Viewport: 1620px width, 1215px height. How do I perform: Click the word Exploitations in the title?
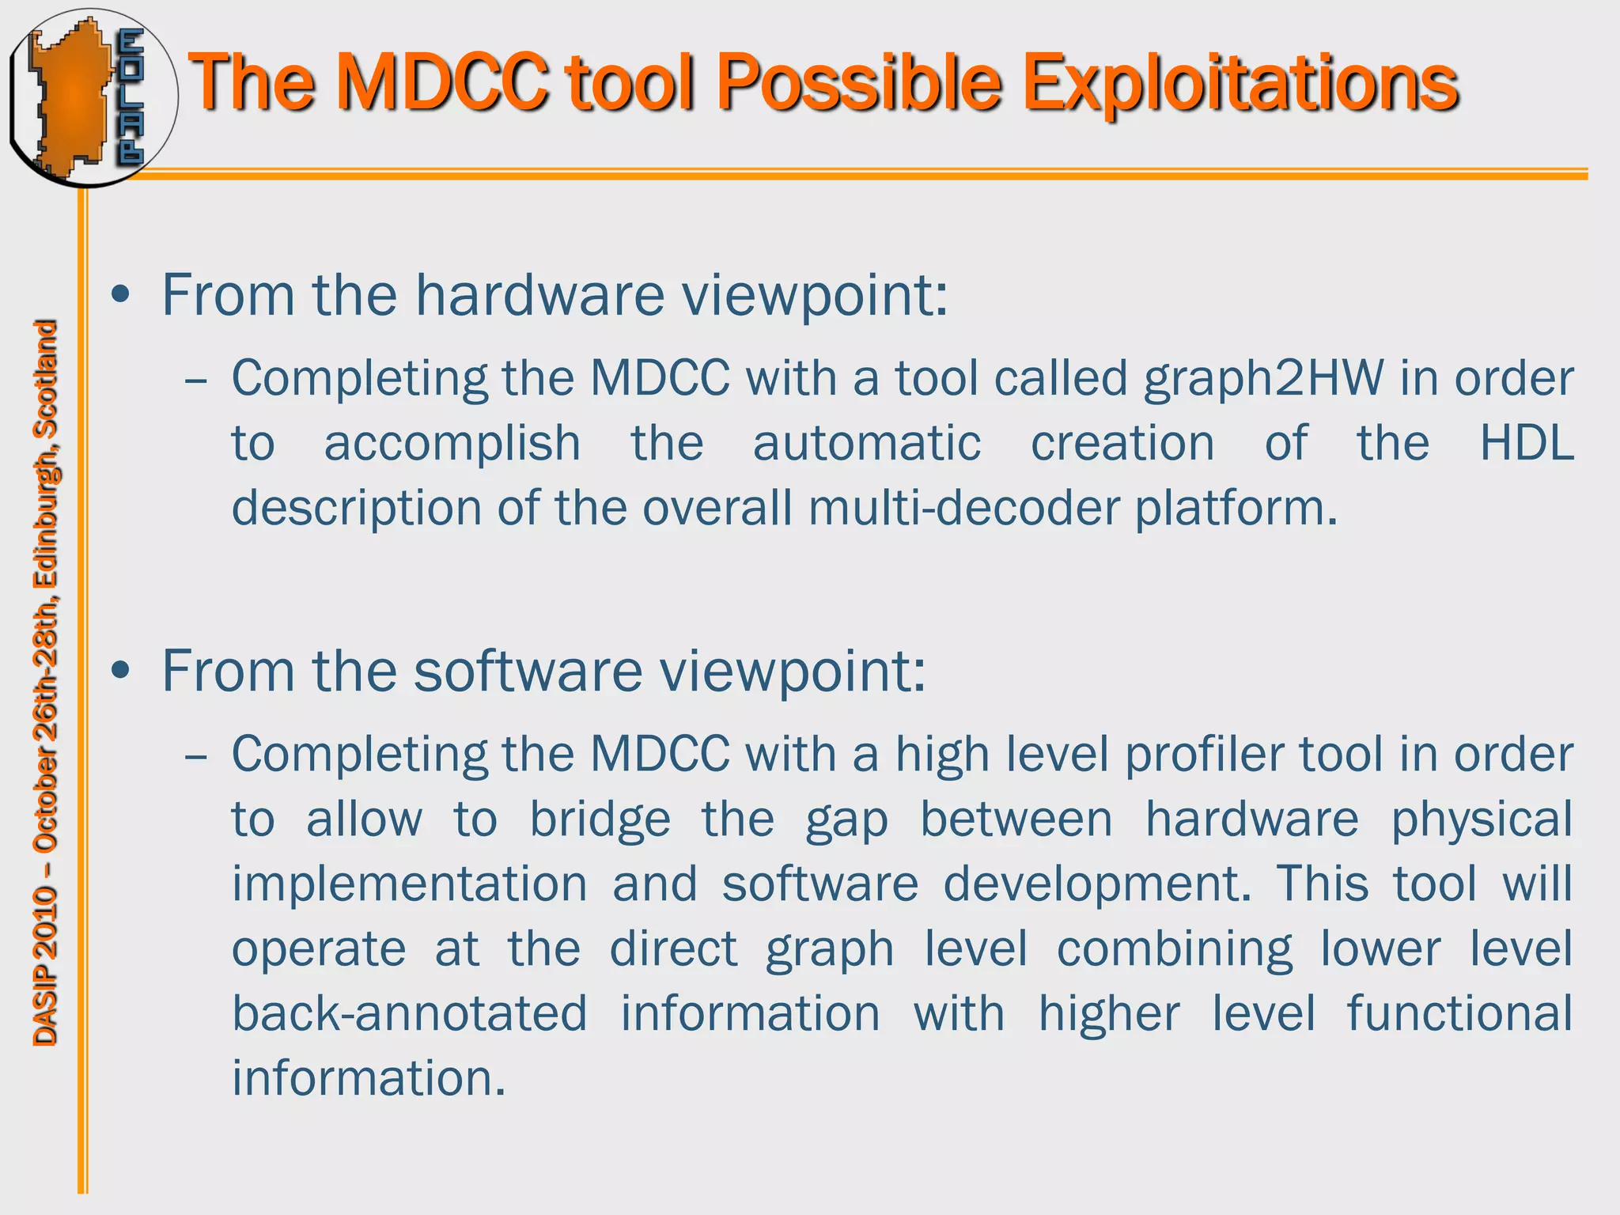tap(1240, 83)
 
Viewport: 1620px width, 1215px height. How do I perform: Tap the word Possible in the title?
tap(859, 83)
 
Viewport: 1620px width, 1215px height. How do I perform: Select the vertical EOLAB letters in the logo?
tap(131, 97)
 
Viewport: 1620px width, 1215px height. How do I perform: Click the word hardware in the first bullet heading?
tap(540, 295)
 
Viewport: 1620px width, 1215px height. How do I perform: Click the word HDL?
tap(1526, 443)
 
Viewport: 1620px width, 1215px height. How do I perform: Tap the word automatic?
tap(867, 443)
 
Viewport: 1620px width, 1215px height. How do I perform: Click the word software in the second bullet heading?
tap(528, 672)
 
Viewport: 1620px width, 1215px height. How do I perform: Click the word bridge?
tap(600, 819)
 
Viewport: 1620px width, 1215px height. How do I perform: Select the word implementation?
tap(409, 884)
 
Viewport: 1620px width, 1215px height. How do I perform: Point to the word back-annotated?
tap(409, 1013)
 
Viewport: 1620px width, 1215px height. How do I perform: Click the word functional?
tap(1459, 1013)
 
